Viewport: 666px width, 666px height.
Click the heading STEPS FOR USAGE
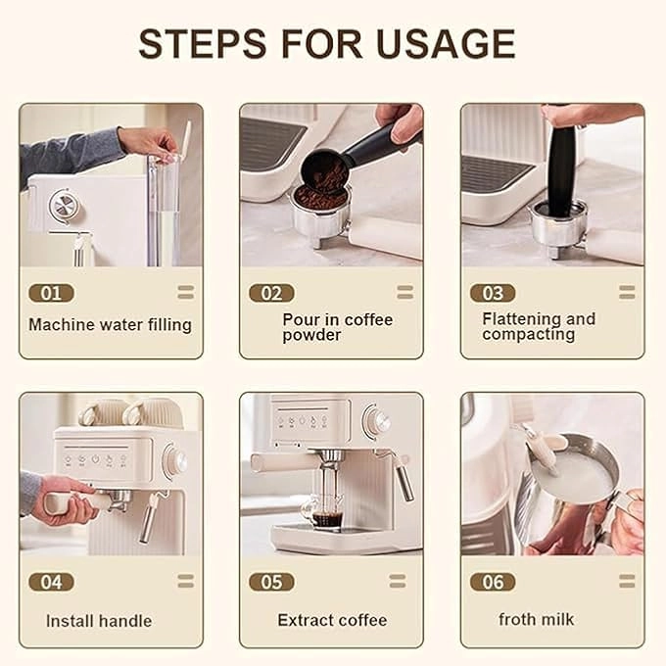[x=326, y=44]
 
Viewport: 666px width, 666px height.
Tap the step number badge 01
[x=51, y=293]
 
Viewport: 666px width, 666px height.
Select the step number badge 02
[x=271, y=293]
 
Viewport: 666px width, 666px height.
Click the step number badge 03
[x=493, y=293]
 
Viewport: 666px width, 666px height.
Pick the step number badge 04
[x=51, y=582]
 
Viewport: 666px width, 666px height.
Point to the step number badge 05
[x=271, y=582]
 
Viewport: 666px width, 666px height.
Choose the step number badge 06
[x=493, y=582]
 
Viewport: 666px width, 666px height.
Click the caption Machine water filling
[x=110, y=324]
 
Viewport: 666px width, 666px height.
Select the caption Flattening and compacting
[x=538, y=326]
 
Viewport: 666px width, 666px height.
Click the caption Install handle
[x=99, y=620]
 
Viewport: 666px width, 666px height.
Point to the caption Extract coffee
[x=332, y=620]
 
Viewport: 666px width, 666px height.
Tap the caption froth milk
[x=536, y=619]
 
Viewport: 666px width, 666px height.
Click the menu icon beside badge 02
[x=404, y=292]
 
